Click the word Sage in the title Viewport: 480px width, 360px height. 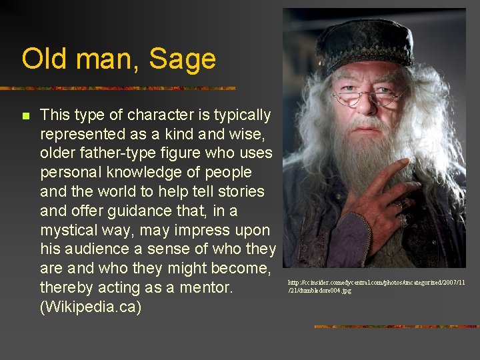pos(183,59)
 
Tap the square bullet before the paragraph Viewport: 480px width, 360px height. pos(25,116)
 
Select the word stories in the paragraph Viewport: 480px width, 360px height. pos(242,191)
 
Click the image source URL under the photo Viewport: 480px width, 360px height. pos(376,286)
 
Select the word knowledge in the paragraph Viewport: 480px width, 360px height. pos(145,173)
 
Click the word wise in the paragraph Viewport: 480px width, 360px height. pos(237,134)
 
